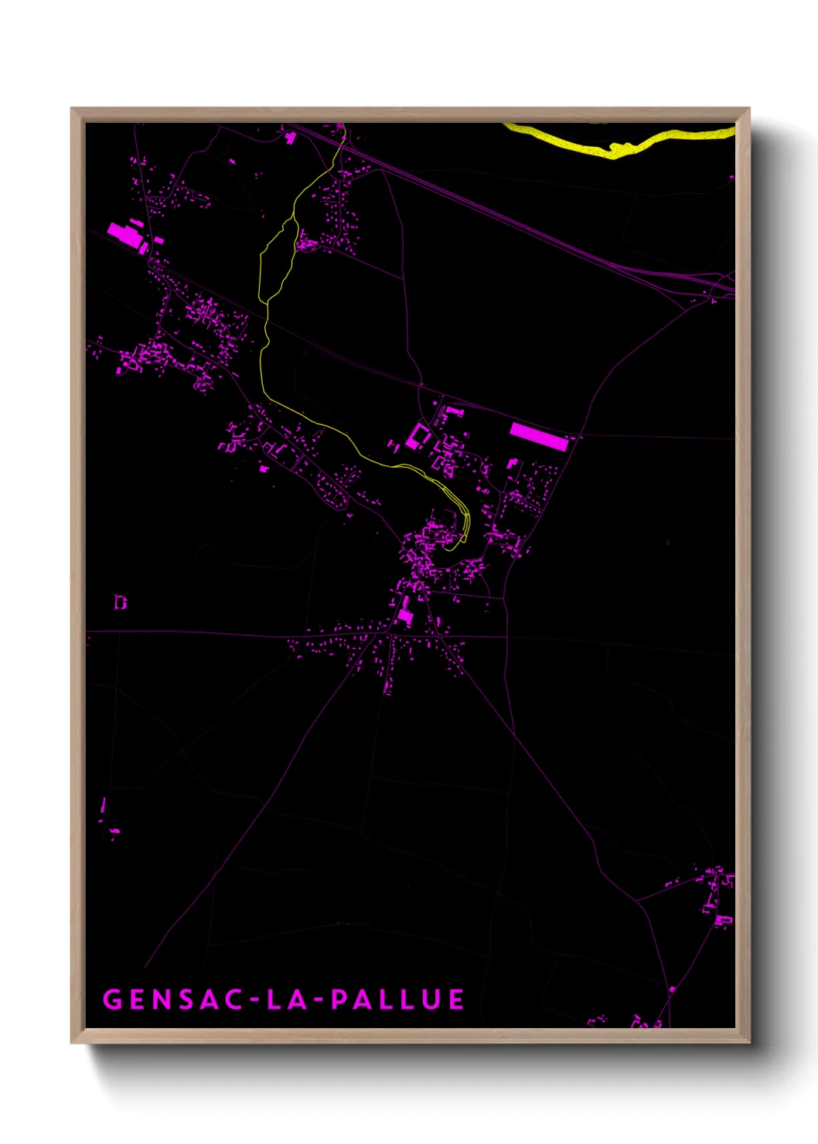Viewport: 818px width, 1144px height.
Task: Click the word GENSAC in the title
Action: pos(174,999)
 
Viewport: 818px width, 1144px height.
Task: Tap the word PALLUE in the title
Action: pos(397,999)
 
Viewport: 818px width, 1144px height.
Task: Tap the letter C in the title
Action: pos(235,999)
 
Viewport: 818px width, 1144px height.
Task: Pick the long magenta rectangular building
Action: pos(539,437)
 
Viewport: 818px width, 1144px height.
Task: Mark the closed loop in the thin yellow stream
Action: pos(277,259)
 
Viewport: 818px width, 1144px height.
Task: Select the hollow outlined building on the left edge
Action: pos(120,601)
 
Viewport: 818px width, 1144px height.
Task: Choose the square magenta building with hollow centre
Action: pos(418,437)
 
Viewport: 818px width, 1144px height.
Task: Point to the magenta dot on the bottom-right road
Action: pos(672,989)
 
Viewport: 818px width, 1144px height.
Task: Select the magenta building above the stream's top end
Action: pos(291,138)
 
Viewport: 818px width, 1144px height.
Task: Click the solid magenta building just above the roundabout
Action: pos(405,616)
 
